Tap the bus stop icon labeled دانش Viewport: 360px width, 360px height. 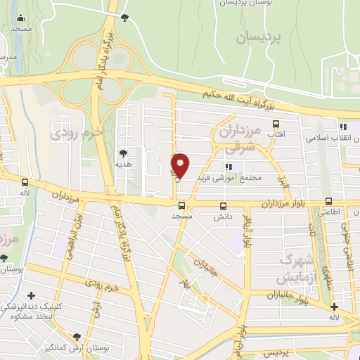(224, 206)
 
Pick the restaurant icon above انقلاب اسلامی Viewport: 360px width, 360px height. (342, 127)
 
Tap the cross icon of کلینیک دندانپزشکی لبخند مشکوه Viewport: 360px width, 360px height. (30, 295)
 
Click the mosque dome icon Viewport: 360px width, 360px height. (20, 18)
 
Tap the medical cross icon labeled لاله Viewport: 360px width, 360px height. (334, 307)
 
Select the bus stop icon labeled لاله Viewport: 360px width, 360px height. (25, 181)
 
